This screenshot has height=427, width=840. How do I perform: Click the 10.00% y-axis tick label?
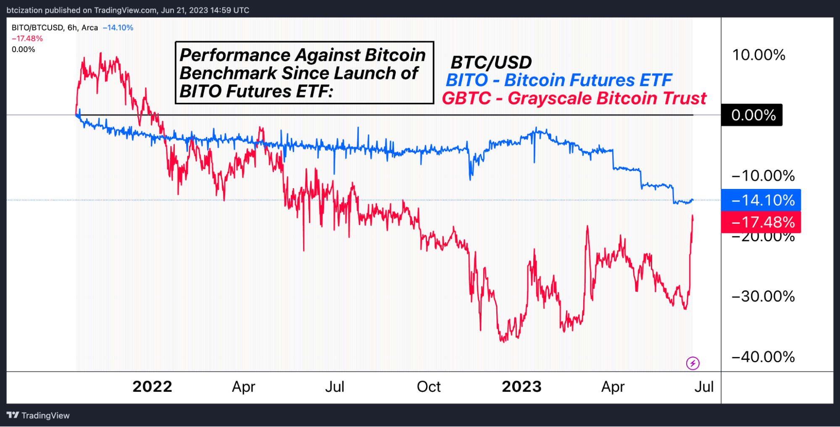click(758, 55)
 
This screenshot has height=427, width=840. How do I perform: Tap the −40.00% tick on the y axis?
click(763, 357)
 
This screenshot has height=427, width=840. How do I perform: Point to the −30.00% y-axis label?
click(763, 296)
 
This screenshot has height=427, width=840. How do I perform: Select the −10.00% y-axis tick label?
click(763, 176)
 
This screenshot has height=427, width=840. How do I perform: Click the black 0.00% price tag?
click(752, 115)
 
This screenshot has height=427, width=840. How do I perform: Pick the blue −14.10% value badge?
click(761, 200)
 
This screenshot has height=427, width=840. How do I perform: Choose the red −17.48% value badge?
click(761, 222)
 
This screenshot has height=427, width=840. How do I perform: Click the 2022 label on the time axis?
click(152, 387)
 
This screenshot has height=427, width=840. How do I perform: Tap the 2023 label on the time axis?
click(521, 387)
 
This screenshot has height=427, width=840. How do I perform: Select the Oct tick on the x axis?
click(429, 387)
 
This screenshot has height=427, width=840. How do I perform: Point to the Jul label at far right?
click(704, 387)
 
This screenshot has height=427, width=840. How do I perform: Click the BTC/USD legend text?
click(491, 63)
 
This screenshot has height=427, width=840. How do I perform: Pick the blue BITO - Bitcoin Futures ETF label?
click(559, 80)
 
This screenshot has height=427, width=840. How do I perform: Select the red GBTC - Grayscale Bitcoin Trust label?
click(574, 98)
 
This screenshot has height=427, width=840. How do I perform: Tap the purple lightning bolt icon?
click(693, 363)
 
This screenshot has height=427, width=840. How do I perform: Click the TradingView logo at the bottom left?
click(38, 415)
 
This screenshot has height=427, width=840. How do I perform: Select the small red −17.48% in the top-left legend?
click(27, 39)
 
